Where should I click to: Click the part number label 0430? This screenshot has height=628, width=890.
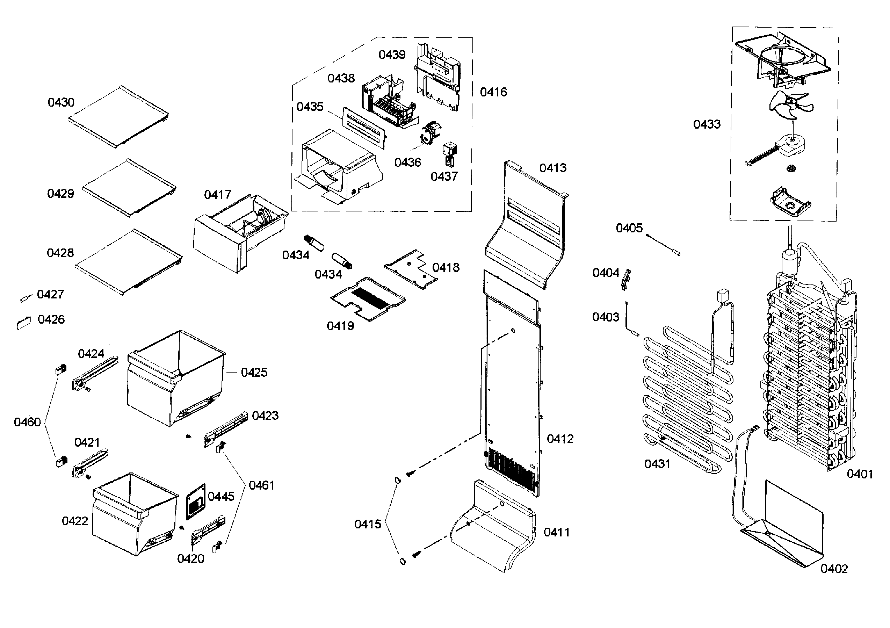[x=61, y=102]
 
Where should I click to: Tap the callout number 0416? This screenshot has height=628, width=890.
[x=493, y=92]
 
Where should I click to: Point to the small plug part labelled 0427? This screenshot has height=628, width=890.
[x=24, y=298]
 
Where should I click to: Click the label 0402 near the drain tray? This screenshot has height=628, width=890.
[x=834, y=569]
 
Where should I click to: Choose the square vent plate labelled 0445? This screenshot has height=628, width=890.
[x=196, y=502]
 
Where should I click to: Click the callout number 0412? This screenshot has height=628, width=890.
[x=560, y=439]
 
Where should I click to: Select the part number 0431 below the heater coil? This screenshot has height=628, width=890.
[x=657, y=464]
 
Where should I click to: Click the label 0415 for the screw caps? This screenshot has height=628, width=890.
[x=368, y=524]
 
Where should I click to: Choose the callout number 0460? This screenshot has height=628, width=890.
[x=27, y=422]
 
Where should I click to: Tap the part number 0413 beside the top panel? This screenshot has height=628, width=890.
[x=553, y=168]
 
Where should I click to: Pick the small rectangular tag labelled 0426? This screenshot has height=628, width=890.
[x=23, y=323]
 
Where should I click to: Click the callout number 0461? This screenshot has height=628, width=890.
[x=262, y=485]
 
